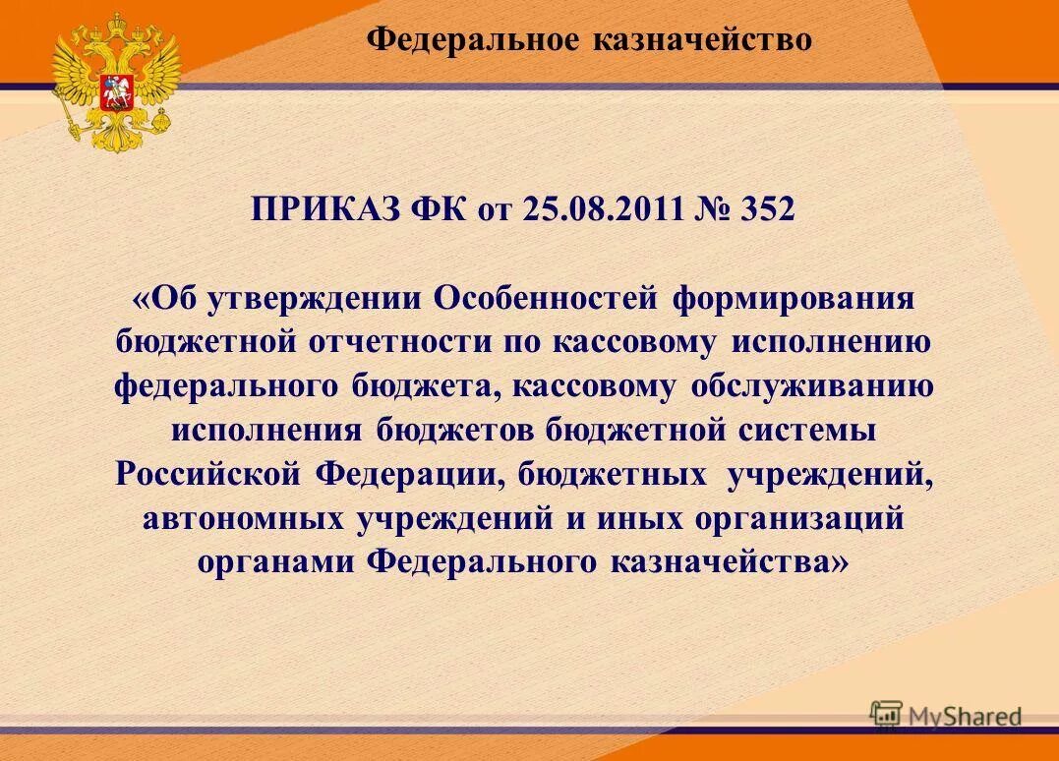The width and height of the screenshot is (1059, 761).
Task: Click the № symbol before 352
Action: coord(710,209)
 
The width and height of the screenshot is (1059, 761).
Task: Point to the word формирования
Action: coord(794,298)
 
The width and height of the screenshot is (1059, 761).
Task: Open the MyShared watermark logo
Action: coord(946,716)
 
